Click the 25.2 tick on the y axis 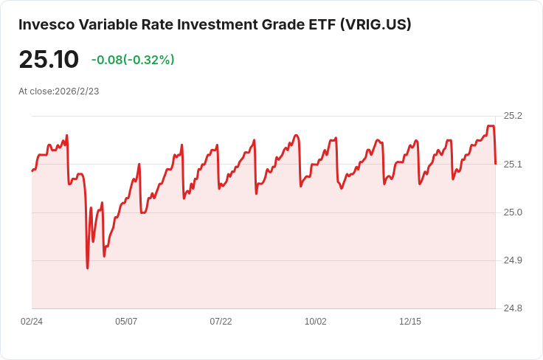tap(513, 116)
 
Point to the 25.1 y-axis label tap(513, 164)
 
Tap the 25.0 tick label tap(513, 212)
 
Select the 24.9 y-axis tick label tap(513, 260)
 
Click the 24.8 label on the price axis tap(513, 308)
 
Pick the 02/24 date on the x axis tap(32, 322)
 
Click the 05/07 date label tap(126, 322)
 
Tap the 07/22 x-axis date tap(221, 322)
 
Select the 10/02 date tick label tap(315, 322)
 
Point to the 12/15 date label tap(410, 322)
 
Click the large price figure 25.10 tap(49, 60)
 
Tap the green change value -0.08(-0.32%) tap(133, 60)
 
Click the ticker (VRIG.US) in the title tap(376, 24)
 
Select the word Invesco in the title tap(46, 24)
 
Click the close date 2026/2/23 tap(77, 91)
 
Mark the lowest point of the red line tap(87, 269)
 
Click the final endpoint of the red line tap(496, 164)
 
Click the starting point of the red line tap(32, 170)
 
